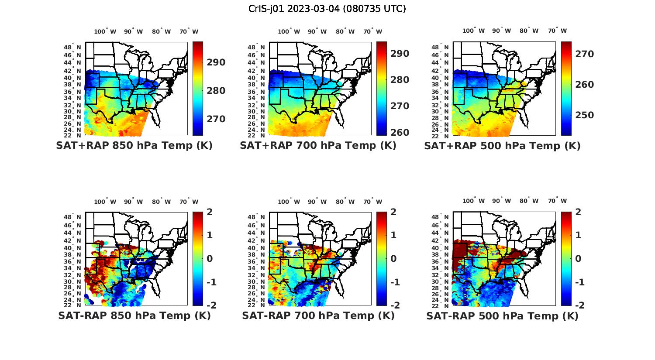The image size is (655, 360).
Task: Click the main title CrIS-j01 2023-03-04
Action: coord(327,9)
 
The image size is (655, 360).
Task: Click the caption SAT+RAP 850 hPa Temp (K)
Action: coord(134,146)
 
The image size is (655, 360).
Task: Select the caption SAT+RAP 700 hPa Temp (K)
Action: coord(318,146)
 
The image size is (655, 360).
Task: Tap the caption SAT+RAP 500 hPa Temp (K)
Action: coord(502,146)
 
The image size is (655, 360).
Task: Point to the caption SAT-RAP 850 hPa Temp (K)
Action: coord(134,315)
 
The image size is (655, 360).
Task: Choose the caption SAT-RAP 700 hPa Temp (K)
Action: coord(318,315)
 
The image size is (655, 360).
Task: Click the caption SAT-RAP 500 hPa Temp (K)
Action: coord(502,315)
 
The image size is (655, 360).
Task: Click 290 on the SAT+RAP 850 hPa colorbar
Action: coord(216,62)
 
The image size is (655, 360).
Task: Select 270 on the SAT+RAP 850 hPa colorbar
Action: coord(216,119)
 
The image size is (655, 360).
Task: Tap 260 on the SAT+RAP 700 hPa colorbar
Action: coord(400,132)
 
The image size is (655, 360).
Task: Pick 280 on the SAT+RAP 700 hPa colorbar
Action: coord(400,80)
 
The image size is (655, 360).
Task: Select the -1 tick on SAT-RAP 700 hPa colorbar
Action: coord(394,282)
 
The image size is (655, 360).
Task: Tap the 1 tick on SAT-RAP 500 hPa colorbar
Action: coord(578,235)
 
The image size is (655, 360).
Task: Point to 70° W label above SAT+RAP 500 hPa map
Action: coord(557,31)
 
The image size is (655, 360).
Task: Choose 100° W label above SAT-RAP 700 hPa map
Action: coord(289,202)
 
